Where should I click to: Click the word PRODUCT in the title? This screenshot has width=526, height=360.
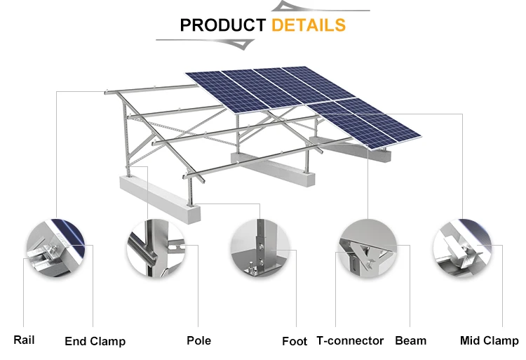point(223,25)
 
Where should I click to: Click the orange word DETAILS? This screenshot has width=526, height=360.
point(309,25)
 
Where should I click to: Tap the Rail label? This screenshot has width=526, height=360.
point(24,340)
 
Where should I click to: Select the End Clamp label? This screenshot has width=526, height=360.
point(95,341)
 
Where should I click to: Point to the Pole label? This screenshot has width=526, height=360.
point(199,340)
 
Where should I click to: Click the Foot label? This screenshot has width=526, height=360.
point(295,341)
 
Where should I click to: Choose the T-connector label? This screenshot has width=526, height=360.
point(350,340)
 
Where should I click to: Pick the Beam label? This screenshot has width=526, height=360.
point(410,340)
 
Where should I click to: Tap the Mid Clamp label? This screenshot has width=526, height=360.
point(490,340)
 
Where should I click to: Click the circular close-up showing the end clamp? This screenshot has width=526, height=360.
point(55,248)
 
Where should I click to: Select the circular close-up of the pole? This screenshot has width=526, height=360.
point(156,248)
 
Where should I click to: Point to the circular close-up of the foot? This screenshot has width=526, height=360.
point(260,248)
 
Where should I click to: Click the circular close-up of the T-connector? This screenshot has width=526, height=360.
point(368,248)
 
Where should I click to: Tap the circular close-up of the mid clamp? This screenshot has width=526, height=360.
point(462,248)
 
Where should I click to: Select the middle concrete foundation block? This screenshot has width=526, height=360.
point(273,169)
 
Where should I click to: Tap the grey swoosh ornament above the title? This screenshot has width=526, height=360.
point(321,7)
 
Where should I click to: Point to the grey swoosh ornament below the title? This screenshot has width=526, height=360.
point(205,44)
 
